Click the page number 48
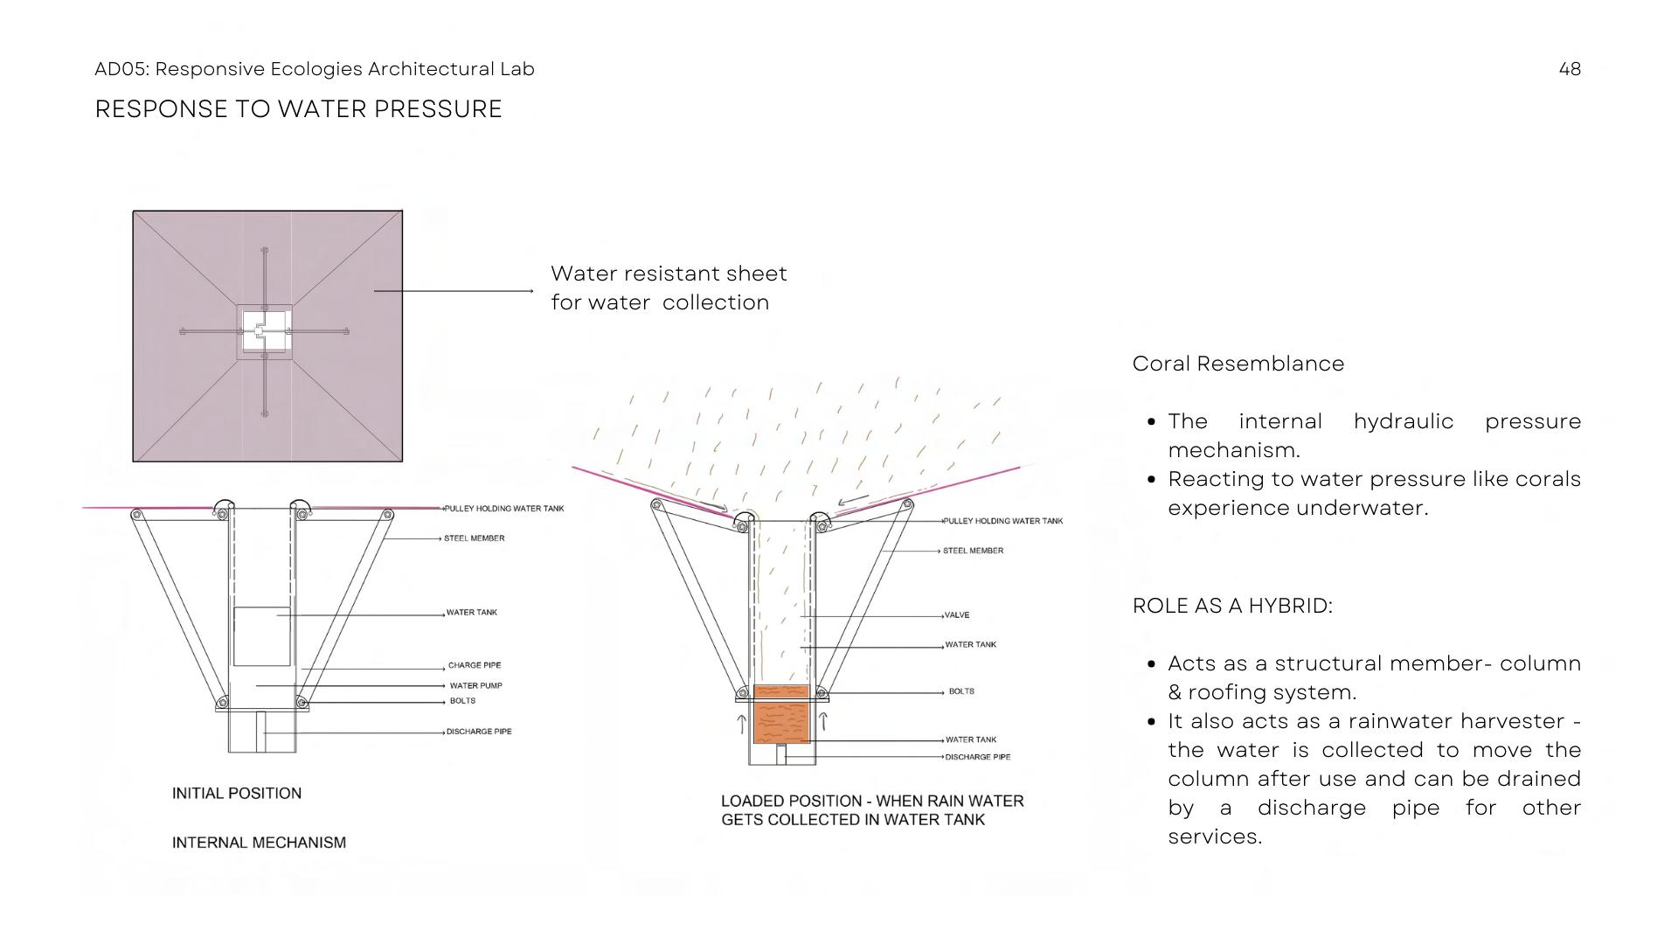[x=1570, y=69]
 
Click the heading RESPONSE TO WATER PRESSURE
[x=298, y=109]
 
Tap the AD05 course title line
[x=314, y=69]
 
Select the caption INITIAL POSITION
[x=236, y=794]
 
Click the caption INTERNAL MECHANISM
[x=259, y=843]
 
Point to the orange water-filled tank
[x=781, y=715]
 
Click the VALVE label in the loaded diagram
[x=957, y=615]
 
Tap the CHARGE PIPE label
[x=475, y=666]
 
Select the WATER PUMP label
[x=475, y=686]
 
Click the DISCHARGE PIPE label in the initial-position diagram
[x=479, y=732]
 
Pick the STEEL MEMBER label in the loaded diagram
[x=973, y=551]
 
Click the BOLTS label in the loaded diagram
[x=961, y=691]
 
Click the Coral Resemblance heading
[x=1238, y=364]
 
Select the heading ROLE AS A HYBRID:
[x=1232, y=606]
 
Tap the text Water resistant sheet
[x=669, y=274]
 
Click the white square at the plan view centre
[x=265, y=332]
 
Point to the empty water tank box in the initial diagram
[x=261, y=636]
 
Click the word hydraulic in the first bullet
[x=1403, y=421]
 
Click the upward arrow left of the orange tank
[x=742, y=724]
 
